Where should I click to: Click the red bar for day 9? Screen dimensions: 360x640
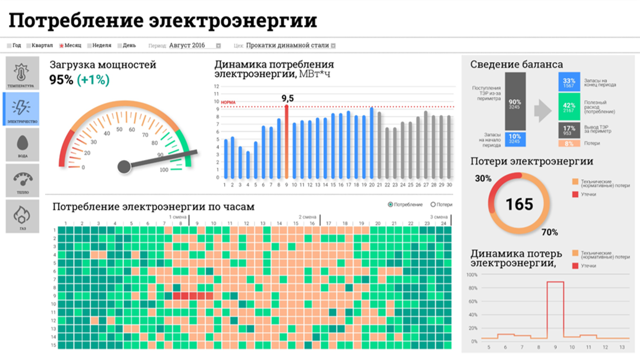tap(286, 141)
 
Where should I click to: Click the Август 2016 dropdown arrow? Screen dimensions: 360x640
tap(218, 45)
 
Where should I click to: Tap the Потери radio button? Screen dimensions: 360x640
tap(433, 205)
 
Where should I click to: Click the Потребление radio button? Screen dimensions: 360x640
tap(390, 205)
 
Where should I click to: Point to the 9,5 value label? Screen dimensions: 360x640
tap(287, 98)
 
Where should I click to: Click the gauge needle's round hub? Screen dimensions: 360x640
tap(124, 166)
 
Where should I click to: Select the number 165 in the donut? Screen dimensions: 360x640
tap(519, 204)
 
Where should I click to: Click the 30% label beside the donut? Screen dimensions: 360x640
tap(483, 179)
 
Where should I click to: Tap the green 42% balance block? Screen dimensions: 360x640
tap(569, 106)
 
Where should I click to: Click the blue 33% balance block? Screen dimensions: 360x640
tap(569, 82)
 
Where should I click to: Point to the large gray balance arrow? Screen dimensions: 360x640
tap(542, 111)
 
